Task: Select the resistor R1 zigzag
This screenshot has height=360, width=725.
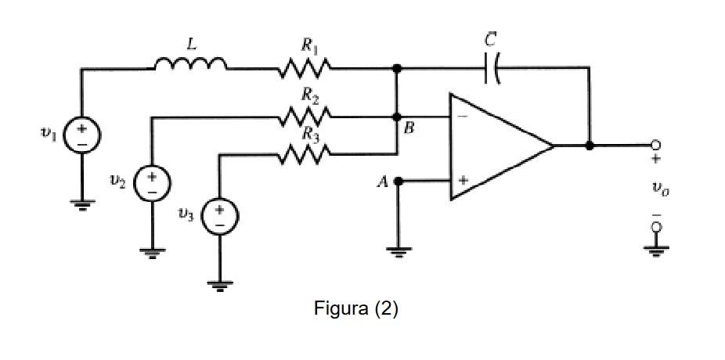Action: (305, 70)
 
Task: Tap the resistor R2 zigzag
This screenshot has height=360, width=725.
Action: (305, 117)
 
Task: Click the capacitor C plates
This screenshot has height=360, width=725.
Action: (492, 69)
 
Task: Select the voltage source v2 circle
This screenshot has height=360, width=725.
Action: (150, 183)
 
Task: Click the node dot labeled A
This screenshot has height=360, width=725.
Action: (398, 182)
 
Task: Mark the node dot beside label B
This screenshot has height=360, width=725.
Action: (397, 117)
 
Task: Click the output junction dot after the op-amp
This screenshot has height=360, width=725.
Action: (589, 146)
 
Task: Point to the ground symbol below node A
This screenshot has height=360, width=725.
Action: (398, 250)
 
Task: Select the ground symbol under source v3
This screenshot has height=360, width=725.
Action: (220, 285)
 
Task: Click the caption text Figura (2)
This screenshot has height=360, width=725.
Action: (356, 308)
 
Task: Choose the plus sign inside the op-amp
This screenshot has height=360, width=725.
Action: (463, 181)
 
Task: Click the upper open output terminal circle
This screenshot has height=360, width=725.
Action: (655, 146)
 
